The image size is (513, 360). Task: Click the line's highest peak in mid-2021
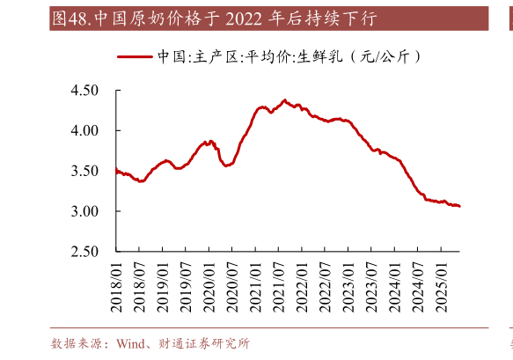284,100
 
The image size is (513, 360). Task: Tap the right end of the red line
460,207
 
